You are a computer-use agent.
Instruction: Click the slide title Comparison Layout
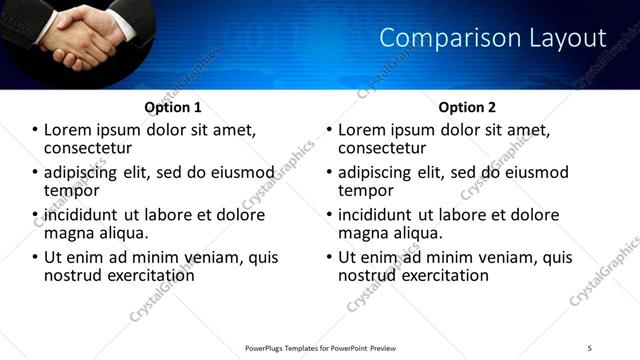(x=493, y=39)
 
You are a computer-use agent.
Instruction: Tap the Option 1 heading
(x=172, y=107)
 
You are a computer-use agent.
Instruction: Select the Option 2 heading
(x=466, y=107)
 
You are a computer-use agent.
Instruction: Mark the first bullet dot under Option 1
(x=36, y=130)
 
